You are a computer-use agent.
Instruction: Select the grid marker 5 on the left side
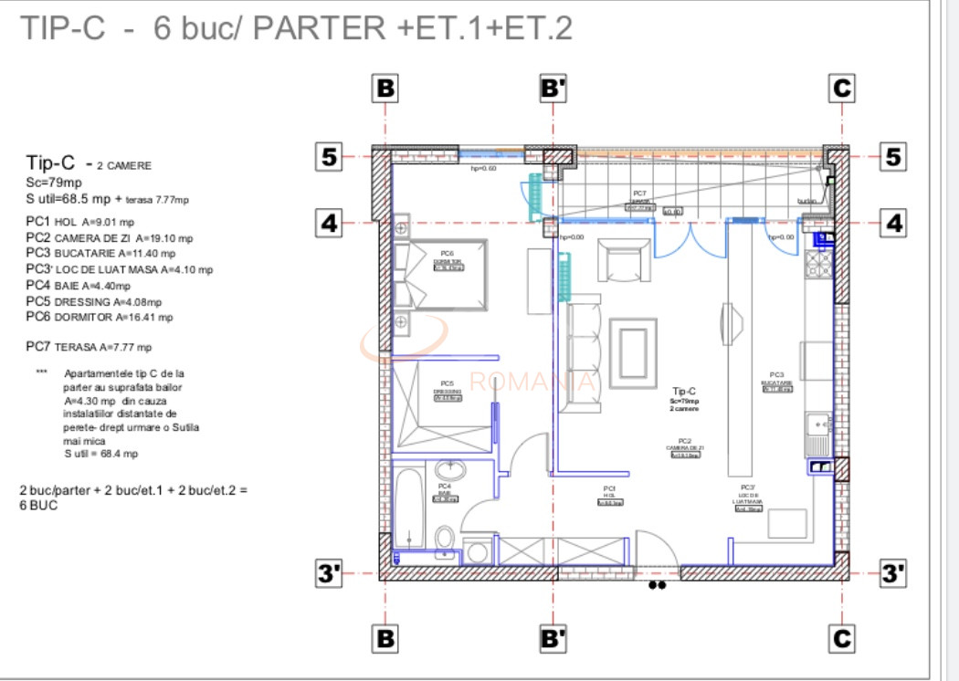tap(329, 157)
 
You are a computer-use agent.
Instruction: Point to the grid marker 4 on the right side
tap(893, 222)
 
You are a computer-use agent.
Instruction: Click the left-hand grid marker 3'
tap(329, 573)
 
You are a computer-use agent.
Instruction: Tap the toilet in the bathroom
tap(445, 540)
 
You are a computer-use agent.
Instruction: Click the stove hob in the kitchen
tap(818, 264)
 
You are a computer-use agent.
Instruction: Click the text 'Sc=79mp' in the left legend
tap(52, 183)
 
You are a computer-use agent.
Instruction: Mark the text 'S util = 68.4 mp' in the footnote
tap(100, 454)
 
